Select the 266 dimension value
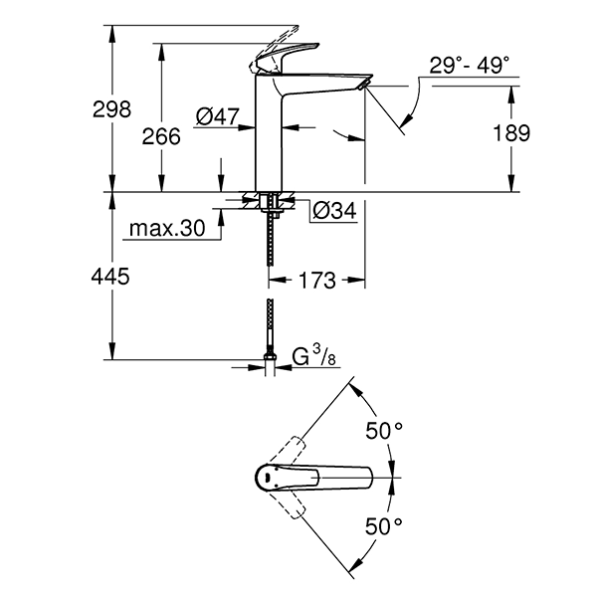162,137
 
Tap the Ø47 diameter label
218,118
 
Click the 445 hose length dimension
110,278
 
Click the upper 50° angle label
385,431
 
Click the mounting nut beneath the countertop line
269,205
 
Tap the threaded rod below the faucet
269,244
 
